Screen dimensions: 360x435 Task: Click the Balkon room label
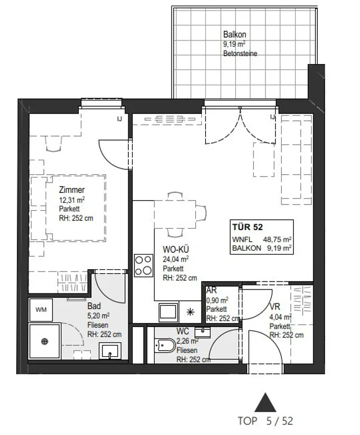(235, 34)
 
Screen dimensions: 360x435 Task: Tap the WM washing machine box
(41, 310)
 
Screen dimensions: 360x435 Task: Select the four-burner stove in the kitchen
(143, 265)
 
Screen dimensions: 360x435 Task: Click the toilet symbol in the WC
(165, 346)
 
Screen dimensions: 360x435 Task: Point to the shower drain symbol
(44, 341)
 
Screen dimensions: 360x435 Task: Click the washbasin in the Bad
(110, 351)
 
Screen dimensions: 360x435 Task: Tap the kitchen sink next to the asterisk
(169, 312)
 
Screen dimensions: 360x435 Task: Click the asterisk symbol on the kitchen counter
(191, 312)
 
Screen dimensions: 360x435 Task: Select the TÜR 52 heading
(247, 227)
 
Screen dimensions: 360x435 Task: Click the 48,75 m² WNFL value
(277, 239)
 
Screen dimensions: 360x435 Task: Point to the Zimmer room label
(71, 190)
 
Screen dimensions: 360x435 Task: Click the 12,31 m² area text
(72, 200)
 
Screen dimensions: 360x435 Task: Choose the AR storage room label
(211, 290)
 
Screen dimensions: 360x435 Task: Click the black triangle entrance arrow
(265, 402)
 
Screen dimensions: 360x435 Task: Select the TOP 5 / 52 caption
(265, 421)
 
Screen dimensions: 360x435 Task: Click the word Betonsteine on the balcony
(240, 53)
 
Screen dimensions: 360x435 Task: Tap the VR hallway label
(275, 306)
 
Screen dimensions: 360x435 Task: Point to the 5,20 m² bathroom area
(98, 316)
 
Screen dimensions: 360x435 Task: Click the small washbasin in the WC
(202, 332)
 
